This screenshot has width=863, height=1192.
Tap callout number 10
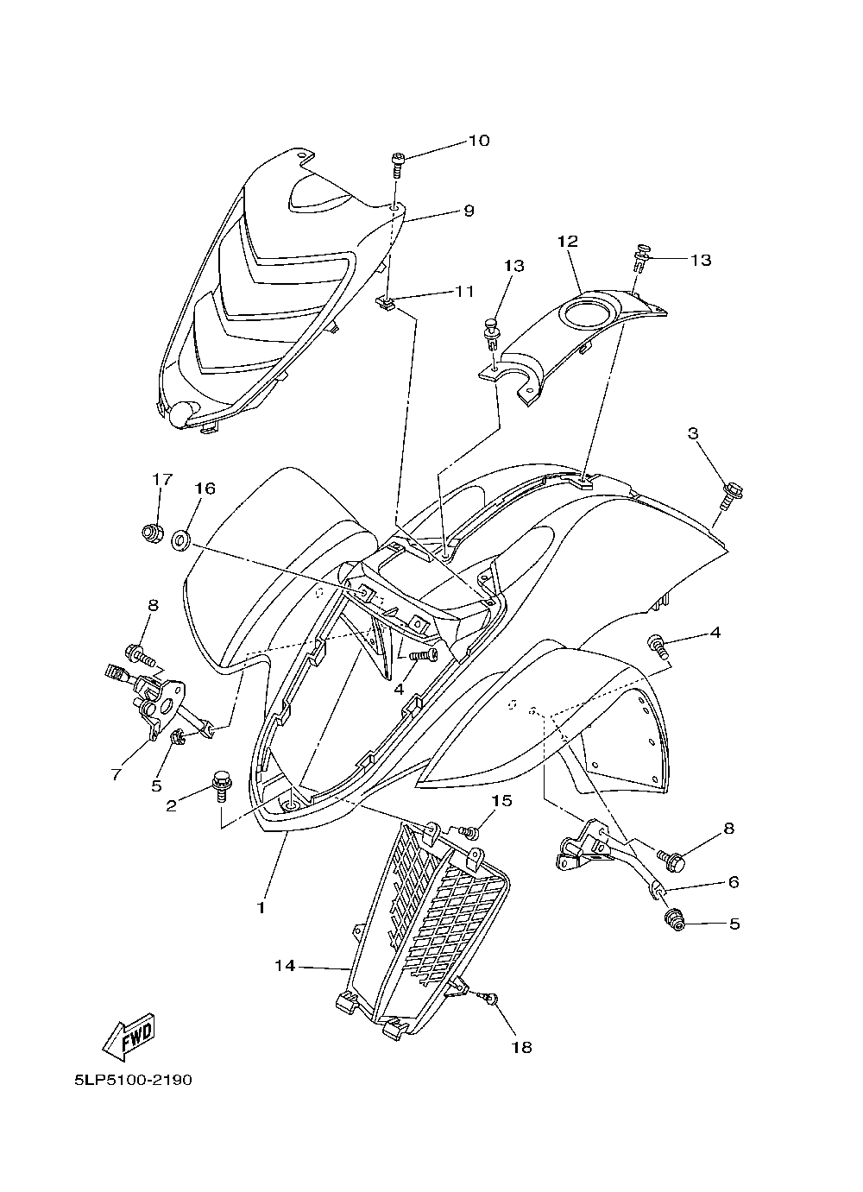tap(478, 141)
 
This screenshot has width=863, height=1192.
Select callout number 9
tap(469, 210)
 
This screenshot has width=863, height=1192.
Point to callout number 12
tap(566, 242)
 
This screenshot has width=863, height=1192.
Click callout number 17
tap(162, 479)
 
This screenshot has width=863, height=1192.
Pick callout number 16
tap(204, 489)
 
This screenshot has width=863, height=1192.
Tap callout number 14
tap(285, 966)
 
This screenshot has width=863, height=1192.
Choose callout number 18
tap(520, 1047)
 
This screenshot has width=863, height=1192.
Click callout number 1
tap(261, 908)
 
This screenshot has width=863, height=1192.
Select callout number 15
tap(501, 802)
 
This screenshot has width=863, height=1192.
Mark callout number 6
tap(734, 882)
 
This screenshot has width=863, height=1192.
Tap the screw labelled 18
tap(490, 1000)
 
